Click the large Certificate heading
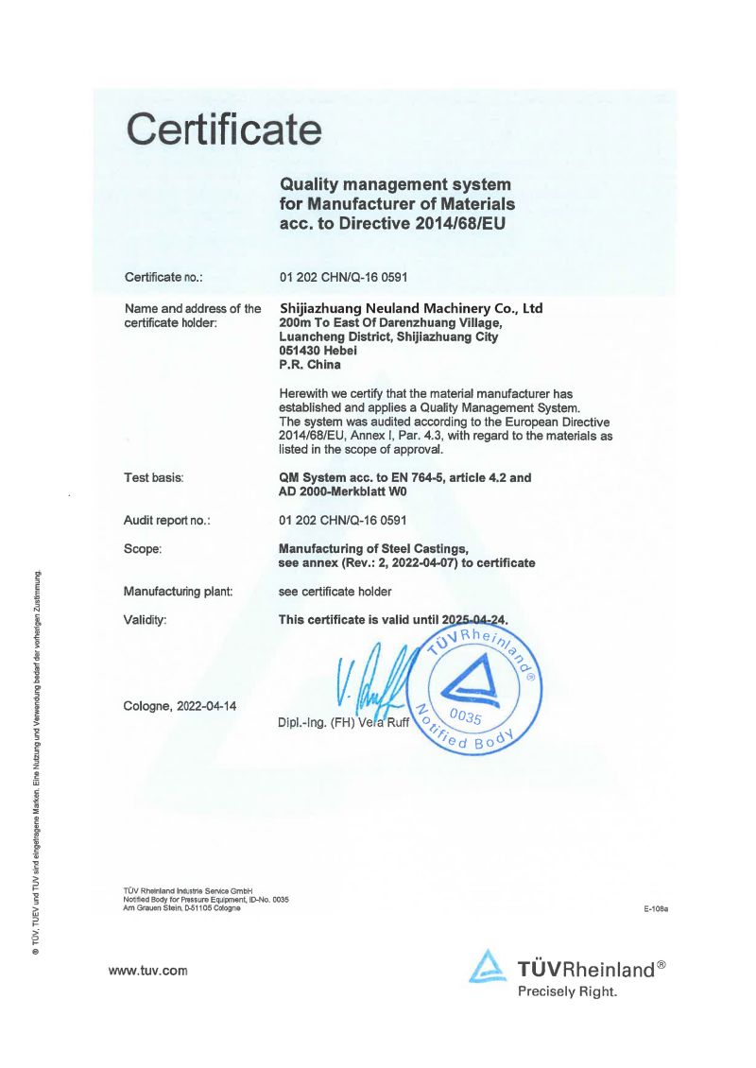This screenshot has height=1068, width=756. (225, 129)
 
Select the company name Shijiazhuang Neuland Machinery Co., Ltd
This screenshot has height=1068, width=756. (412, 308)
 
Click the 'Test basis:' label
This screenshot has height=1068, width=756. (153, 478)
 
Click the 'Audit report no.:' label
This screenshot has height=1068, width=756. (166, 520)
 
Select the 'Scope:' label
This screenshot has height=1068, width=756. (143, 548)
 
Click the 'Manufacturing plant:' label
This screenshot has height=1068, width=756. (178, 592)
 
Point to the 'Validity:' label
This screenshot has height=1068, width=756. (146, 620)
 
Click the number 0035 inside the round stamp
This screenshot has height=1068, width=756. (466, 717)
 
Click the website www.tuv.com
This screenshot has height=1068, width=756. (148, 971)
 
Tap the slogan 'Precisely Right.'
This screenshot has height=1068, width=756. (567, 991)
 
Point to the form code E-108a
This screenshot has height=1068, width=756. (656, 909)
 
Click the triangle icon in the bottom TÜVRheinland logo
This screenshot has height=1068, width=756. (488, 968)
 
